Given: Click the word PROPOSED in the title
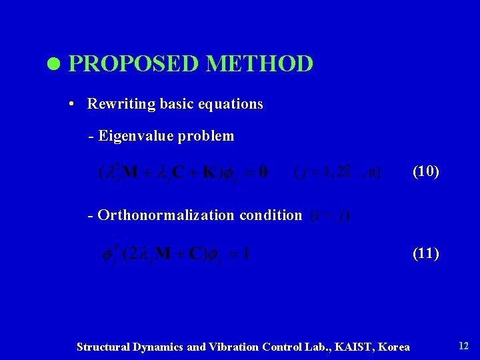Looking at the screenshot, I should click(133, 64).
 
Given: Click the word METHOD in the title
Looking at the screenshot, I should click(259, 64).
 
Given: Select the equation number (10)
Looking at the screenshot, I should click(425, 171).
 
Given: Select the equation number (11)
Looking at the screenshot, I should click(425, 253).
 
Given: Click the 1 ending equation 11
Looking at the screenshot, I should click(246, 254).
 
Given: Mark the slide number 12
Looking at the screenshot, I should click(463, 345).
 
